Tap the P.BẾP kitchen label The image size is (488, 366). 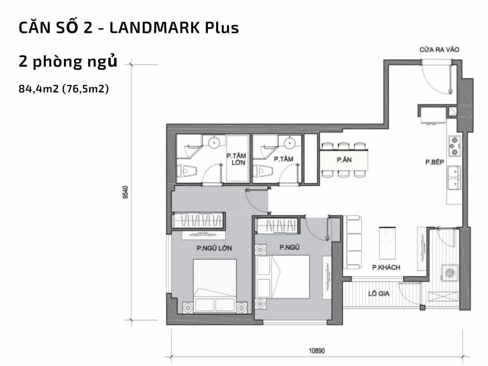(x=435, y=162)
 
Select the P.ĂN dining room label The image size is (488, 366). (x=344, y=160)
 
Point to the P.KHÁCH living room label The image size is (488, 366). (x=386, y=268)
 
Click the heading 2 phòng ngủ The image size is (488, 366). (x=68, y=62)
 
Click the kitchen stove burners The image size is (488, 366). (x=454, y=146)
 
